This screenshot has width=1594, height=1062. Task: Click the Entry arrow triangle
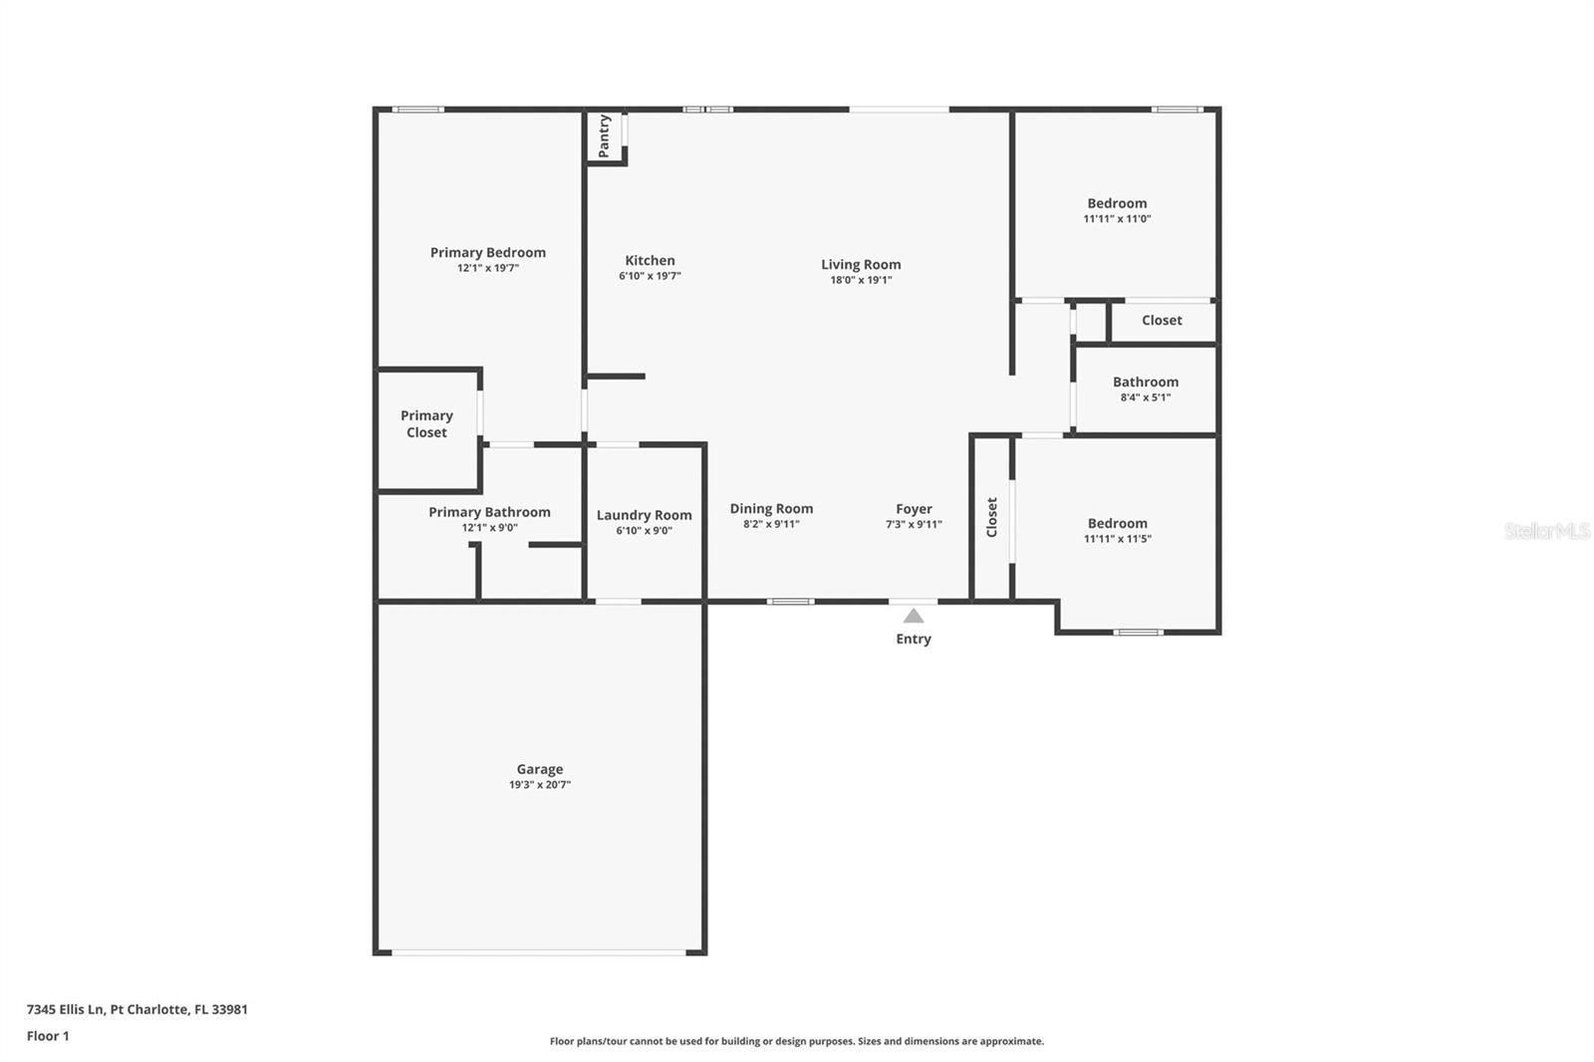[x=913, y=616]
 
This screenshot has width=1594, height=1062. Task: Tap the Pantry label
[x=604, y=135]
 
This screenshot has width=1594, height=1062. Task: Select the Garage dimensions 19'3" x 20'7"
[x=539, y=784]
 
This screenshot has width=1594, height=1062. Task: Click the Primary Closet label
[x=426, y=423]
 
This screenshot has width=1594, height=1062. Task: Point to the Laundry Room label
[x=644, y=515]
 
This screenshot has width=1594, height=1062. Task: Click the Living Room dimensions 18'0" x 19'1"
[x=861, y=280]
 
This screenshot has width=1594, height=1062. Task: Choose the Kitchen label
[x=650, y=260]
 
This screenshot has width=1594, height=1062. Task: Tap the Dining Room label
[x=771, y=509]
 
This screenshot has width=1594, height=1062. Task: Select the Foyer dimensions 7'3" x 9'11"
[x=914, y=525]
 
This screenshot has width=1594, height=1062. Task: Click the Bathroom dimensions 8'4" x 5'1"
[x=1146, y=398]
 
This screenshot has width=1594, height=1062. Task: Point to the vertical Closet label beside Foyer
[x=992, y=517]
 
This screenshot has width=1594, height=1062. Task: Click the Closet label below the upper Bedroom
[x=1162, y=321]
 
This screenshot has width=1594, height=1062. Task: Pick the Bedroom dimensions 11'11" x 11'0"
[x=1117, y=218]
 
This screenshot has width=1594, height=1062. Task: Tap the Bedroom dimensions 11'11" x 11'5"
[x=1117, y=539]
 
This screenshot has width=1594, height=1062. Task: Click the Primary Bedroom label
[x=488, y=253]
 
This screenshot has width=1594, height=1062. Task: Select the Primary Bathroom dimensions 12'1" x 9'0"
[x=489, y=527]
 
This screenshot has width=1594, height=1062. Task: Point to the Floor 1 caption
[x=48, y=1036]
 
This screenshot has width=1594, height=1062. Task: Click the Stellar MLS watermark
[x=1547, y=530]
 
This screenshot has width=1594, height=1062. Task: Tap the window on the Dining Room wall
[x=791, y=602]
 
